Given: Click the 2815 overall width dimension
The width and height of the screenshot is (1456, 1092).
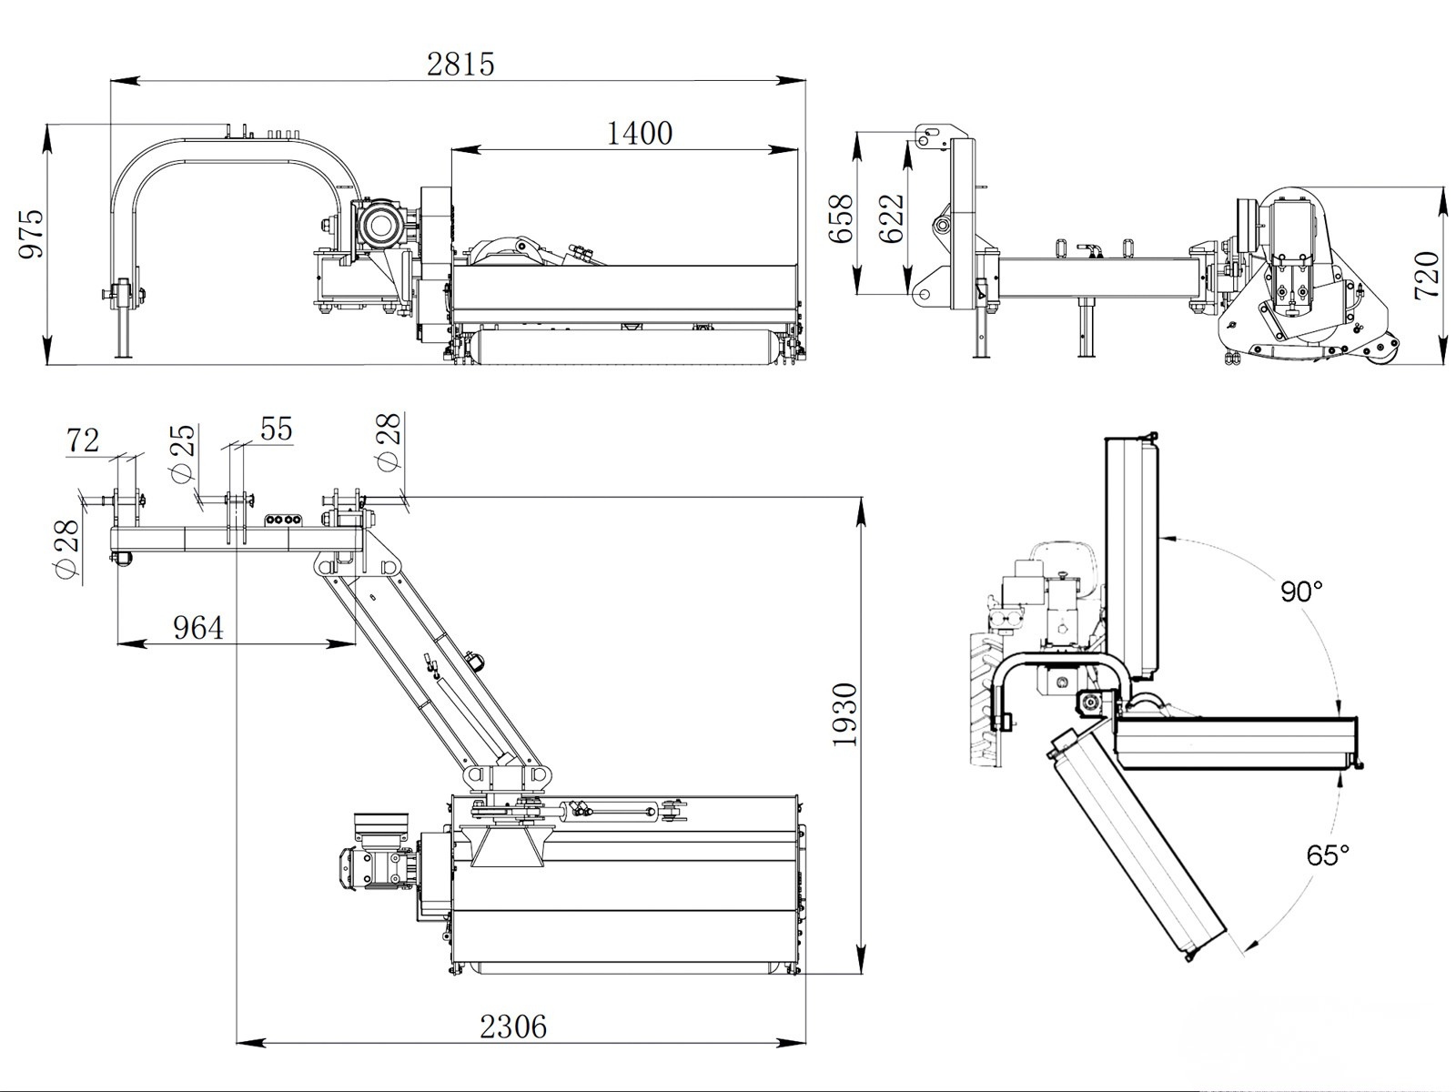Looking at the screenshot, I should click(460, 64).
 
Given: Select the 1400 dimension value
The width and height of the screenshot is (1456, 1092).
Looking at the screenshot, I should click(639, 133).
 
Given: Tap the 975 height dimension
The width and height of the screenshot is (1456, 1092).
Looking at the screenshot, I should click(31, 234).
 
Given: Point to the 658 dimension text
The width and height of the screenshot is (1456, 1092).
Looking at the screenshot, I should click(841, 217).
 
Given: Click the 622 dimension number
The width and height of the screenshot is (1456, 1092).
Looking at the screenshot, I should click(892, 217).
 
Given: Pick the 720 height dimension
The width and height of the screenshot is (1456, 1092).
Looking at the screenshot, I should click(1426, 274).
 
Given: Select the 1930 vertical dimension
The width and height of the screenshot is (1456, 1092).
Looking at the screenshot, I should click(845, 714).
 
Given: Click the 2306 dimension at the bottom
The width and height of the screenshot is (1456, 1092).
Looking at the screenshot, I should click(513, 1027).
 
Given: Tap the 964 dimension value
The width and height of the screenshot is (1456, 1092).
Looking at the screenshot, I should click(197, 627).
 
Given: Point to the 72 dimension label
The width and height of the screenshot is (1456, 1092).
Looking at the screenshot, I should click(82, 440).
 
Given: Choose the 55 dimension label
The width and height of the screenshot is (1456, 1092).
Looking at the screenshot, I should click(276, 429).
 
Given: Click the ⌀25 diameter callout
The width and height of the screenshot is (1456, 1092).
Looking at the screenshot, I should click(183, 452).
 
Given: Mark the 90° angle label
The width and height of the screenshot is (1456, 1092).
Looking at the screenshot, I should click(1301, 591).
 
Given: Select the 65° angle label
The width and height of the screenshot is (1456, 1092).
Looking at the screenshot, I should click(1328, 854).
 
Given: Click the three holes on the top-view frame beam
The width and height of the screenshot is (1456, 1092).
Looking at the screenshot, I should click(280, 521).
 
